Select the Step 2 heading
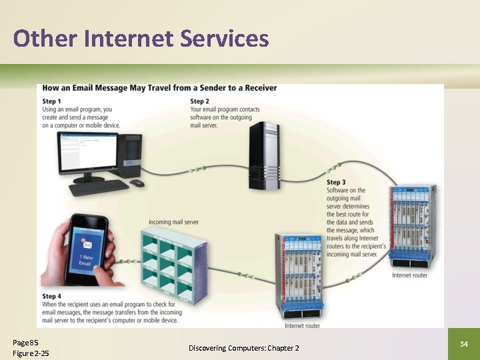point(200,101)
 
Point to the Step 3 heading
point(336,182)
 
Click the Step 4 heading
point(52,296)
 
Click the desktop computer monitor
point(87,153)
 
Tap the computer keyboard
point(99,187)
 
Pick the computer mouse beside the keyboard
point(136,183)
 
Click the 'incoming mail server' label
point(173,222)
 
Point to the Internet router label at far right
point(409,275)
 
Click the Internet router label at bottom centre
point(302,326)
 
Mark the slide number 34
point(464,344)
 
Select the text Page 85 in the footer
point(25,342)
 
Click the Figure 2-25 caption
point(31,353)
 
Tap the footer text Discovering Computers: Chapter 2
point(243,348)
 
